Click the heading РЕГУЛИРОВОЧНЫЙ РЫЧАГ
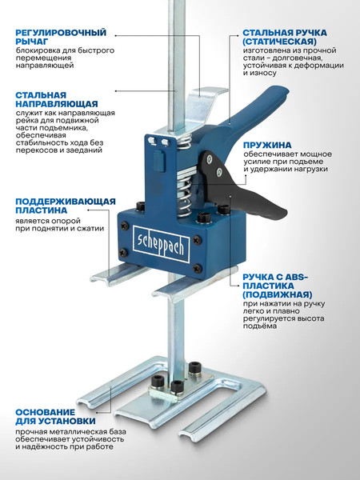(x=60, y=37)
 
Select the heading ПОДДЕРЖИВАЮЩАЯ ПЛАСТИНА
(x=65, y=206)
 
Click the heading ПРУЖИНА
(x=269, y=145)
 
